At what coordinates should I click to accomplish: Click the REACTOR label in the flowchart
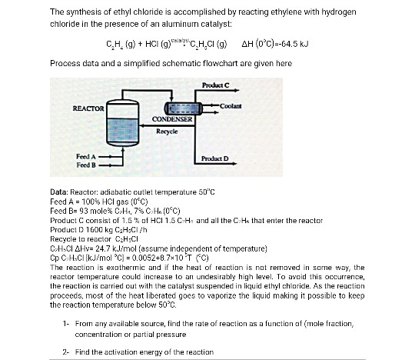pos(88,109)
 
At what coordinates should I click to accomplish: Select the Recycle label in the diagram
pos(167,132)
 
